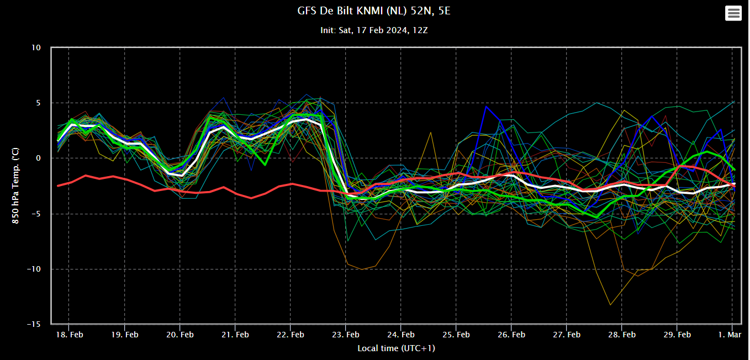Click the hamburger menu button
pyautogui.click(x=733, y=13)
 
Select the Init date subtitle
pyautogui.click(x=374, y=30)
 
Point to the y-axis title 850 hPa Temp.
pyautogui.click(x=15, y=186)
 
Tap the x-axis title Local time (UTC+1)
pyautogui.click(x=396, y=348)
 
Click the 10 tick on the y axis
pyautogui.click(x=36, y=47)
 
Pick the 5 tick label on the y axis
pyautogui.click(x=38, y=103)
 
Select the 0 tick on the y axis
pyautogui.click(x=38, y=158)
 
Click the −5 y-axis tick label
pyautogui.click(x=35, y=214)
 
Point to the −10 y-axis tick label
pyautogui.click(x=34, y=269)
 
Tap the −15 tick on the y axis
pyautogui.click(x=34, y=324)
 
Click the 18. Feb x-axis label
pyautogui.click(x=69, y=335)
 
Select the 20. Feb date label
pyautogui.click(x=180, y=335)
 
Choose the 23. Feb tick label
pyautogui.click(x=346, y=335)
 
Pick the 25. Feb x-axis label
pyautogui.click(x=456, y=335)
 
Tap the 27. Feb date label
pyautogui.click(x=567, y=335)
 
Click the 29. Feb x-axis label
pyautogui.click(x=677, y=335)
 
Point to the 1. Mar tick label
pyautogui.click(x=730, y=335)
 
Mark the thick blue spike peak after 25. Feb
pyautogui.click(x=486, y=107)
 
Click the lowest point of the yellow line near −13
pyautogui.click(x=610, y=304)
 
